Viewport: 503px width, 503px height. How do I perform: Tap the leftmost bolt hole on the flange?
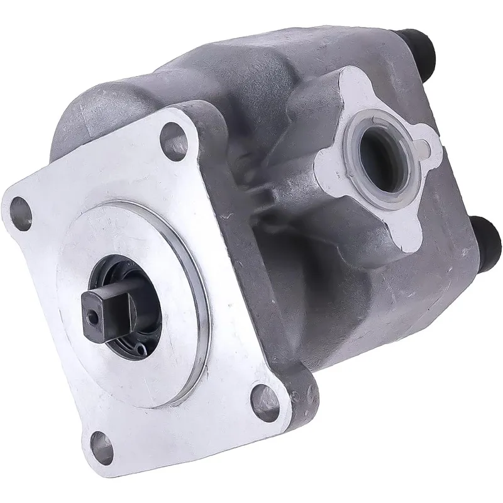point(21,207)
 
